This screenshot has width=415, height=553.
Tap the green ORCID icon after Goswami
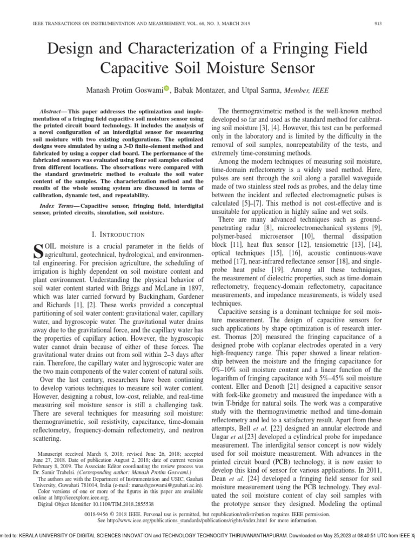pyautogui.click(x=166, y=89)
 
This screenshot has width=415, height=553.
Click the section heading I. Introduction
pyautogui.click(x=118, y=234)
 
